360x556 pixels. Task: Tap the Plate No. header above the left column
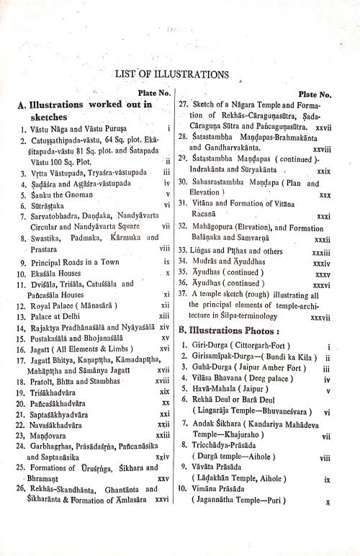(154, 91)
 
